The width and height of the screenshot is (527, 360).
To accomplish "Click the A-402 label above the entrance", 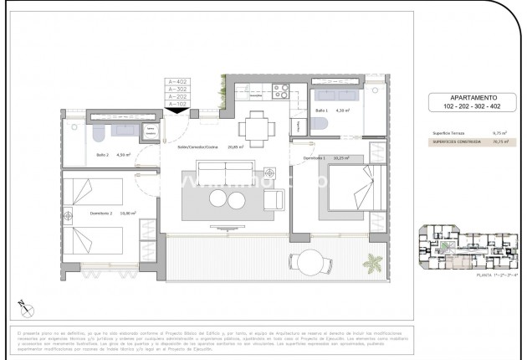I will tap(177, 80).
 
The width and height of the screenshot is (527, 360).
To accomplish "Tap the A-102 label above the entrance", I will tap(177, 104).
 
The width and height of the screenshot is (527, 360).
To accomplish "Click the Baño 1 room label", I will tap(322, 111).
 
